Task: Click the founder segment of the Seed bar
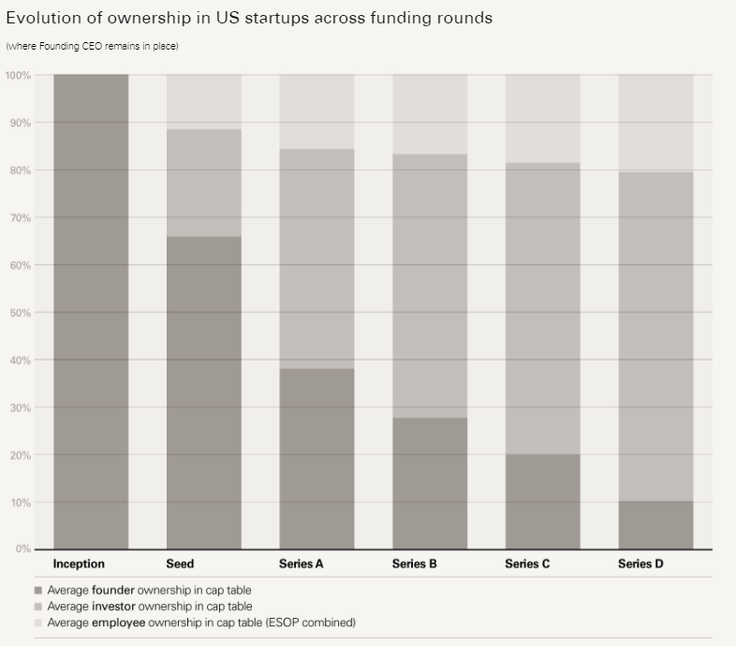(204, 392)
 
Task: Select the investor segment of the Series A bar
(316, 258)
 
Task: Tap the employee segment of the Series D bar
(655, 123)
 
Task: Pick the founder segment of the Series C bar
(542, 502)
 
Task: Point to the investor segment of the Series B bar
(430, 286)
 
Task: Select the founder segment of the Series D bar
(655, 525)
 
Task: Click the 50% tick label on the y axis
(19, 313)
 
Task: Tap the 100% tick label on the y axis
(17, 75)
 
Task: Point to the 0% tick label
(22, 549)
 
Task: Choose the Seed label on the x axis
(180, 565)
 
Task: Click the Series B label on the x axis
(415, 565)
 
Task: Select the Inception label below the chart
(79, 565)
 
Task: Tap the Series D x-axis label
(640, 565)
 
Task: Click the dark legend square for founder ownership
(37, 591)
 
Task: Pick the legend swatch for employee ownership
(37, 623)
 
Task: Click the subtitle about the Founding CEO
(92, 46)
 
